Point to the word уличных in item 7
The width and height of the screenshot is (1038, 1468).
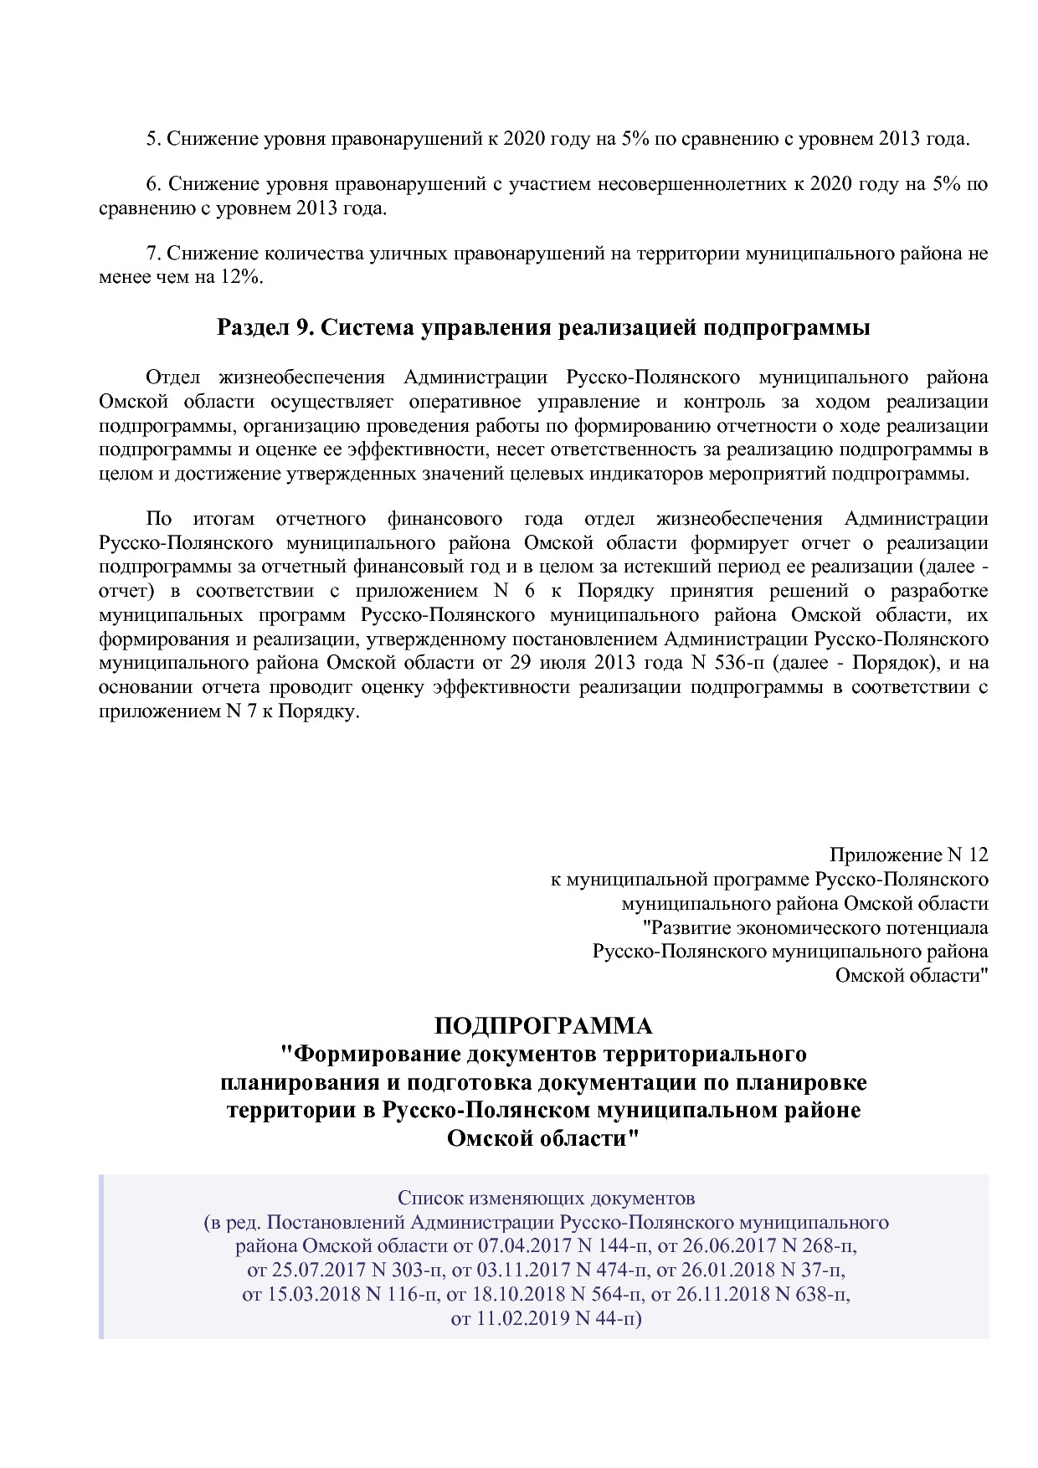coord(406,254)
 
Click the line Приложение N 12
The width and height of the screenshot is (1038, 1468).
coord(908,855)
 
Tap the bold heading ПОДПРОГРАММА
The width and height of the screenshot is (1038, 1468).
coord(543,1025)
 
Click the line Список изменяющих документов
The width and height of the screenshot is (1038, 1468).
coord(546,1198)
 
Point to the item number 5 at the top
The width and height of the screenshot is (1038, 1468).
coord(152,139)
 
